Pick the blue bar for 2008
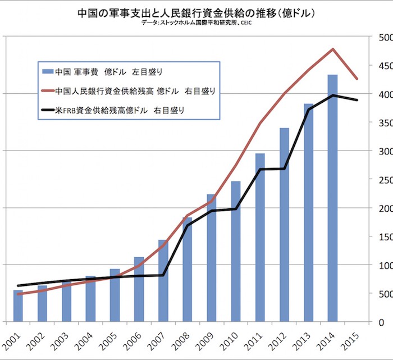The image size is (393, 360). [187, 270]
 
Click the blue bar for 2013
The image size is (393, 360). [308, 213]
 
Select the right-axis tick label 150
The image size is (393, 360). [385, 236]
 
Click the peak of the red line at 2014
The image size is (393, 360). [333, 49]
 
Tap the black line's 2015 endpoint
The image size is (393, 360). [357, 100]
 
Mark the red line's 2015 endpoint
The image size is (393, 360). [357, 79]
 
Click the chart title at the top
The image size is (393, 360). [196, 12]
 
